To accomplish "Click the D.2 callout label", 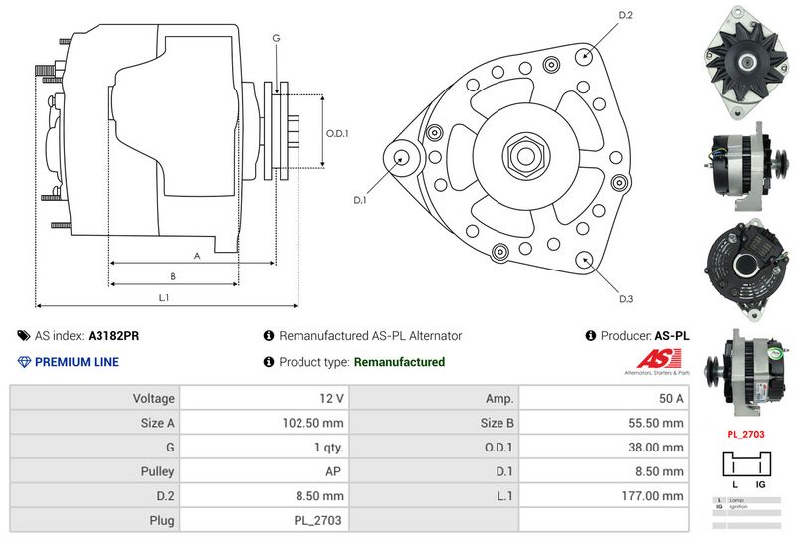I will point(626,15).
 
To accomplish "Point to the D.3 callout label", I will point(626,298).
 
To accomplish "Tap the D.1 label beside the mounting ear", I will point(360,200).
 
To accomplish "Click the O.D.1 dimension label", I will point(338,133).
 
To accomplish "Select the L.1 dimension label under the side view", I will point(164,297).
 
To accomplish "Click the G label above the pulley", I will point(276,38).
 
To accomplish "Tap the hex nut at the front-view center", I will point(522,155).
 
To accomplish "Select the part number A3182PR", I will point(113,336).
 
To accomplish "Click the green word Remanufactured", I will point(399,362).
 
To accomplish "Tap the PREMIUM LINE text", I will point(77,362).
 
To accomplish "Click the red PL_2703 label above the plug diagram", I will point(745,434).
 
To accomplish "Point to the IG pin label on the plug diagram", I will point(759,483).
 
